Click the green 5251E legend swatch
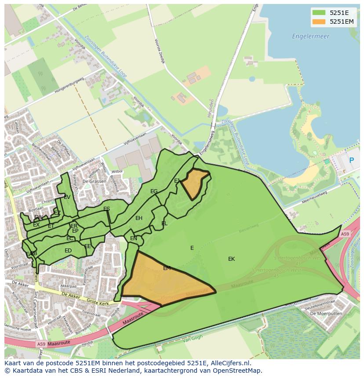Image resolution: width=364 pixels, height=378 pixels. click(x=319, y=13)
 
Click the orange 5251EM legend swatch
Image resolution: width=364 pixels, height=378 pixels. click(x=319, y=22)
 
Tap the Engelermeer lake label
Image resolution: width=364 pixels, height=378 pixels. click(x=310, y=36)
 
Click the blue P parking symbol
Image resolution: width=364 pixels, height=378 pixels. click(x=351, y=161)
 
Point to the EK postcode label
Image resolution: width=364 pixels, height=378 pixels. click(x=231, y=259)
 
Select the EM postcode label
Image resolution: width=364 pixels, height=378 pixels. click(x=167, y=268)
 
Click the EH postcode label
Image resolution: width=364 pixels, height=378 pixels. click(x=139, y=218)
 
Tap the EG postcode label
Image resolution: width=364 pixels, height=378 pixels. click(x=154, y=191)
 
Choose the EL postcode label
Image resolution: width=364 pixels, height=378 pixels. click(x=164, y=223)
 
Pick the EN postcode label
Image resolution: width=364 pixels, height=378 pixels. click(x=134, y=238)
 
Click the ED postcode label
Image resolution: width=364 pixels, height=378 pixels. click(x=68, y=251)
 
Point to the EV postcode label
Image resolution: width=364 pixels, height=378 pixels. click(x=67, y=197)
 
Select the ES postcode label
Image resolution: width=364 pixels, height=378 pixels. click(x=106, y=209)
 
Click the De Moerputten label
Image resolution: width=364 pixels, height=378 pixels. click(x=326, y=313)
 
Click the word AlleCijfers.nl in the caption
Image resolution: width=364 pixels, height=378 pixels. click(x=229, y=364)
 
